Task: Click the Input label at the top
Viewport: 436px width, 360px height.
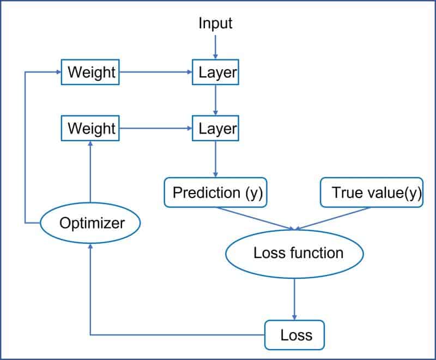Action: click(x=215, y=23)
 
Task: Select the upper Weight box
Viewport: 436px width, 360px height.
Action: click(x=91, y=72)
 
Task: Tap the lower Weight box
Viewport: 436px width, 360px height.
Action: click(x=91, y=129)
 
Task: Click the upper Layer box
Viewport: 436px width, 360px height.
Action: click(x=216, y=72)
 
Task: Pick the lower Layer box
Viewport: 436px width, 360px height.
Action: click(x=216, y=129)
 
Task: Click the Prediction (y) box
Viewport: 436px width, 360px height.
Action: click(x=216, y=193)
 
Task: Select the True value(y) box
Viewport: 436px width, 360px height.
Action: click(x=372, y=193)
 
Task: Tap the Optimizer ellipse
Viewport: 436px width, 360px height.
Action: click(x=91, y=223)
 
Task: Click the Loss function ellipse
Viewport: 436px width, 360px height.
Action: click(x=294, y=253)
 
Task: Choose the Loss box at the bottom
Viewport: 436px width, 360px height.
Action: click(x=295, y=334)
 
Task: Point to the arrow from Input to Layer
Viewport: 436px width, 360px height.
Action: click(x=216, y=46)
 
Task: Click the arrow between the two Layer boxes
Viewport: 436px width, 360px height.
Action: click(x=216, y=100)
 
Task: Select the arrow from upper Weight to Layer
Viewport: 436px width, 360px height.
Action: click(x=156, y=72)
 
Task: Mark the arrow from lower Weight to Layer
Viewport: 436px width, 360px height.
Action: click(x=156, y=129)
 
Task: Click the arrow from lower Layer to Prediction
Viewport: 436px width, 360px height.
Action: click(x=216, y=159)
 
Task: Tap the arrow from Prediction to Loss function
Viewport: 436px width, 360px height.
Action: click(x=256, y=219)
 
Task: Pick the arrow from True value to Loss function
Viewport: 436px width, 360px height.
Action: click(x=335, y=219)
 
